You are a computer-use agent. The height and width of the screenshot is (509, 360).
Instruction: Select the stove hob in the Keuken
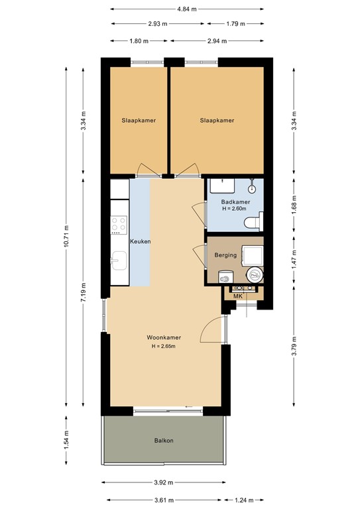pyautogui.click(x=119, y=225)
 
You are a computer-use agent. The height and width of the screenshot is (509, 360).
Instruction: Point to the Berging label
pyautogui.click(x=225, y=255)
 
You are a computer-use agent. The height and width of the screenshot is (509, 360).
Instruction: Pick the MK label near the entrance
pyautogui.click(x=239, y=296)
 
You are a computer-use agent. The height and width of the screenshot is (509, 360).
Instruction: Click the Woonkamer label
pyautogui.click(x=164, y=337)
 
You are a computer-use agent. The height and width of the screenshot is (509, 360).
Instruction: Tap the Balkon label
pyautogui.click(x=164, y=440)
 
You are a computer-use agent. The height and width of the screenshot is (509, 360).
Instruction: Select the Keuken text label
pyautogui.click(x=140, y=242)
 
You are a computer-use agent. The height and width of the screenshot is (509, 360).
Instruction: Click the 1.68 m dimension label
pyautogui.click(x=294, y=206)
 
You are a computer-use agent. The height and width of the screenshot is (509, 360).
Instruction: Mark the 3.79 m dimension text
pyautogui.click(x=294, y=346)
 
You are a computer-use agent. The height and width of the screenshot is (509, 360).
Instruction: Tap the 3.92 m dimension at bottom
pyautogui.click(x=163, y=482)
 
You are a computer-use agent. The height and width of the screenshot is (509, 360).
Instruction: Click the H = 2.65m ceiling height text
pyautogui.click(x=164, y=346)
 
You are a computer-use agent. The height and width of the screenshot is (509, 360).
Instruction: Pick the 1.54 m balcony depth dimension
pyautogui.click(x=66, y=440)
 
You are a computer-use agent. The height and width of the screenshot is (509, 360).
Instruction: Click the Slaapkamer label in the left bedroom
pyautogui.click(x=138, y=121)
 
